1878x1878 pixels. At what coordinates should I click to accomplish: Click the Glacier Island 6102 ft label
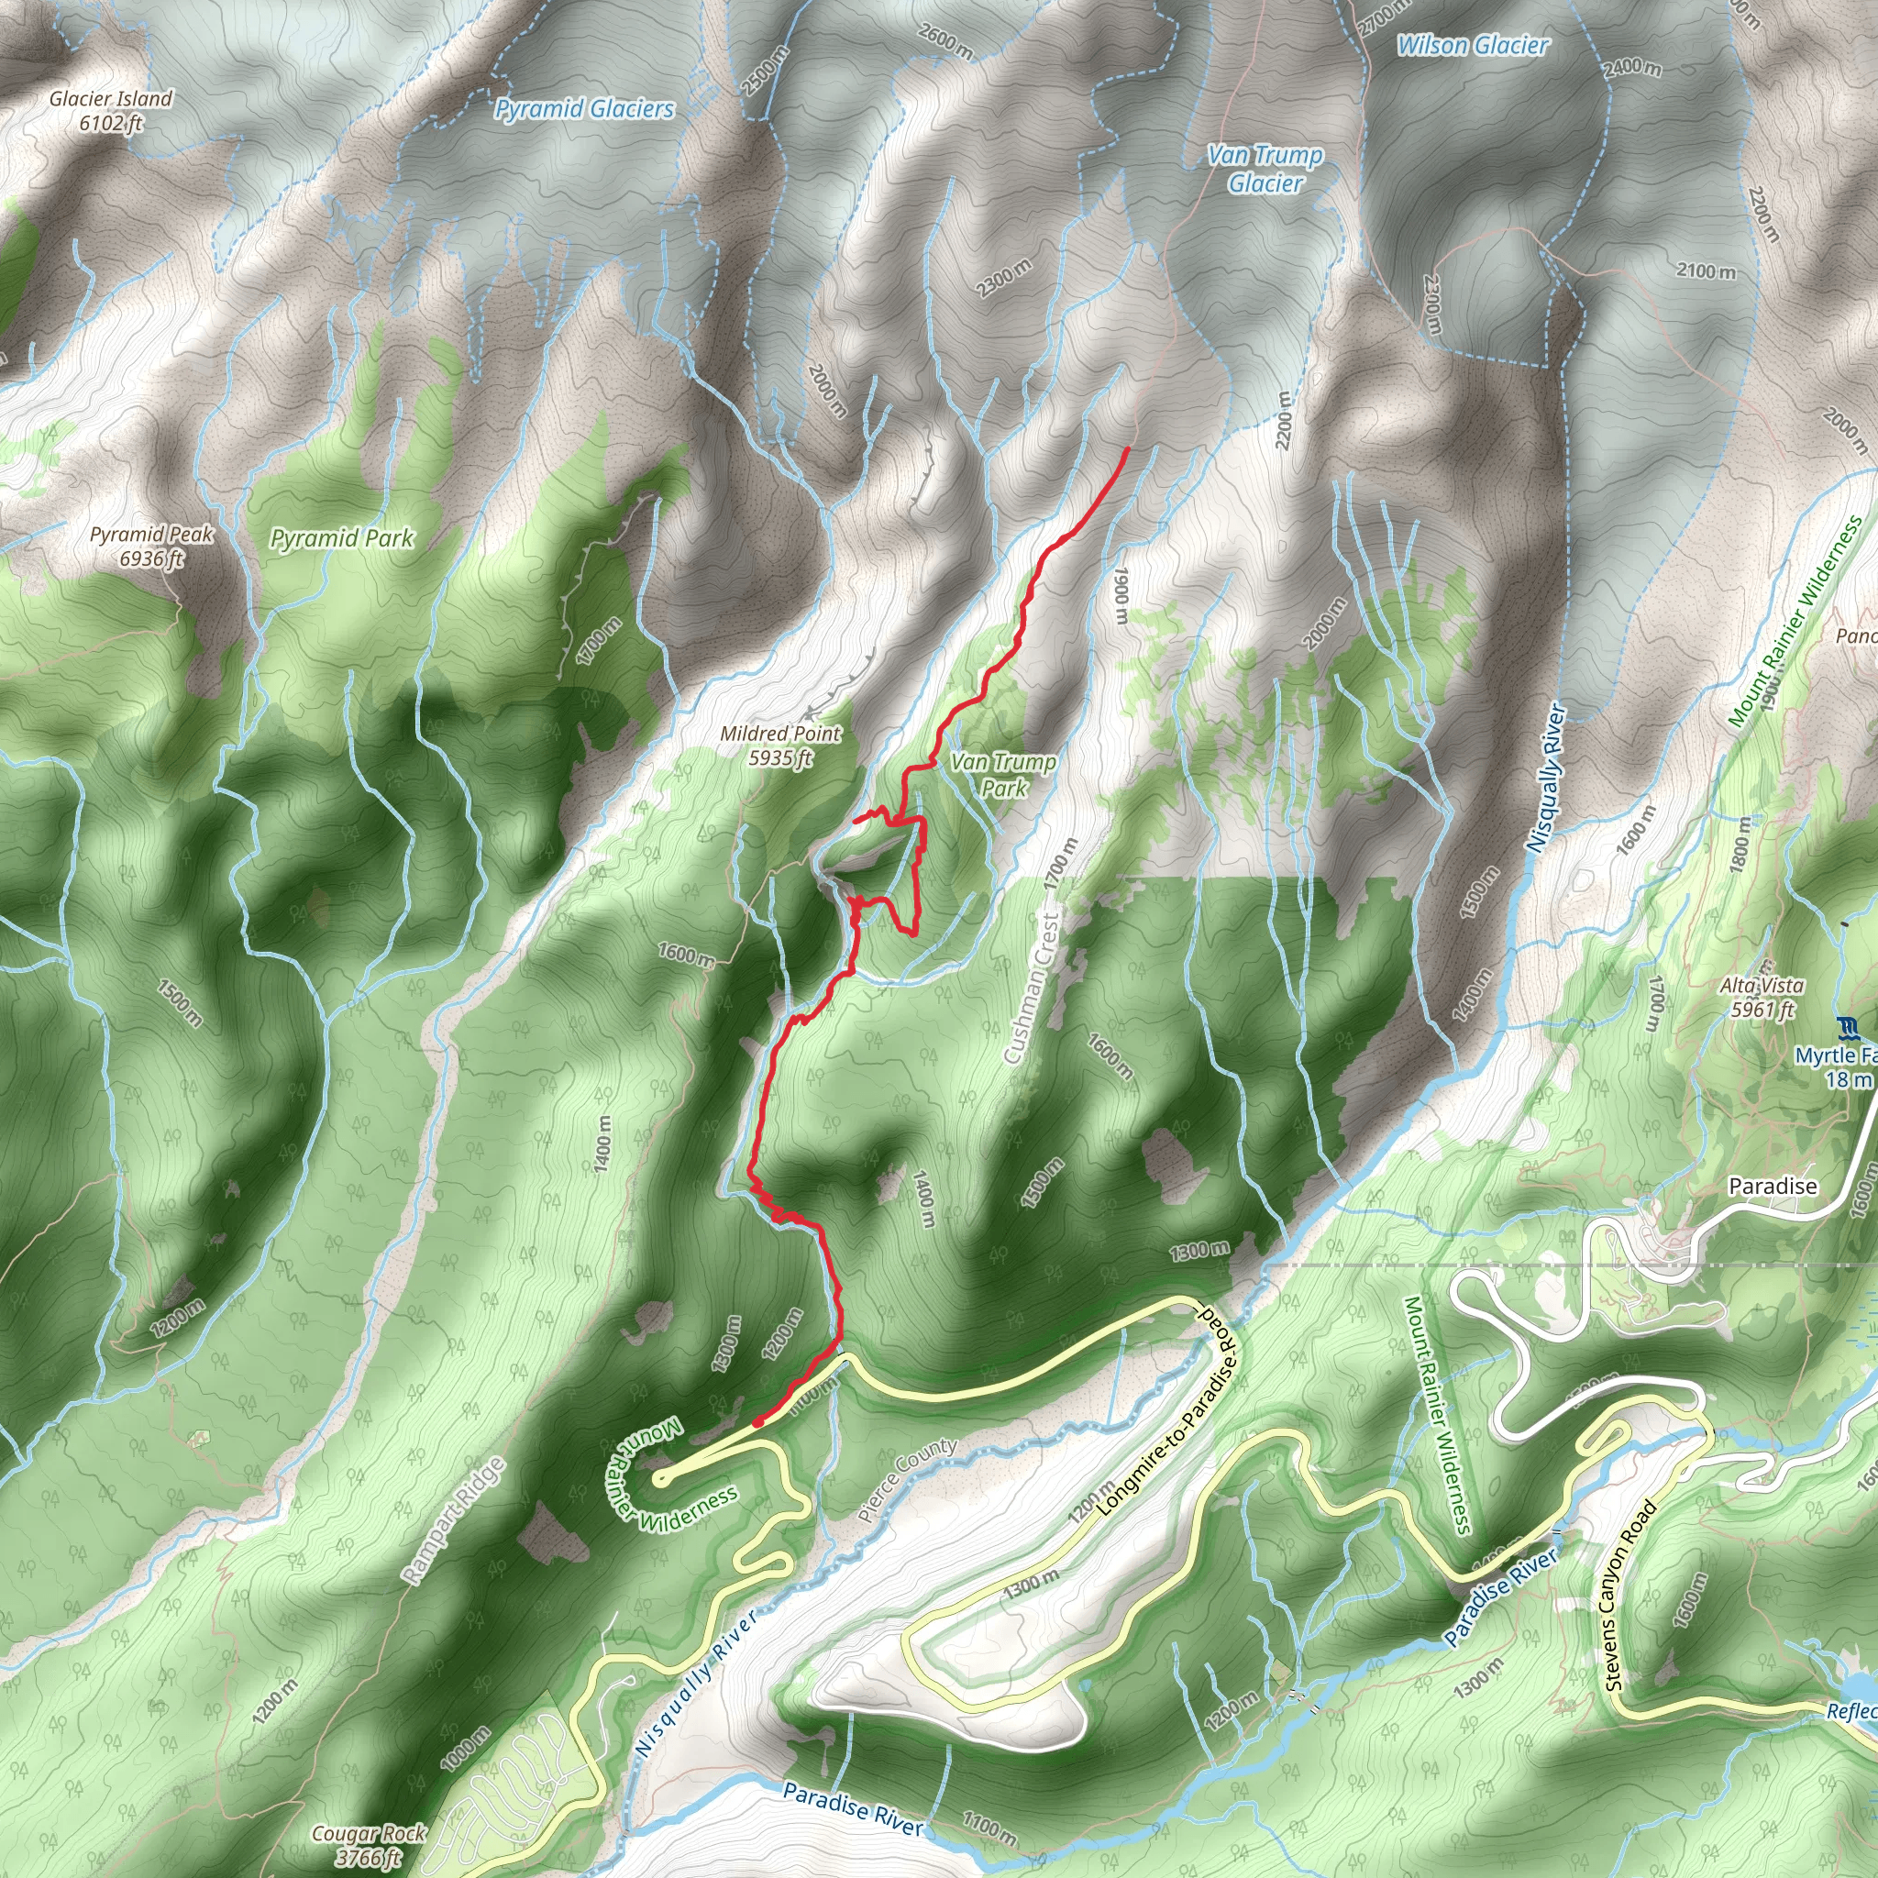(x=111, y=111)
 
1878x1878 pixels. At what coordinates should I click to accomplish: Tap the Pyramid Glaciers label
(x=584, y=109)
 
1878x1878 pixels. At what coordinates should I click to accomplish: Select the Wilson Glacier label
(x=1473, y=45)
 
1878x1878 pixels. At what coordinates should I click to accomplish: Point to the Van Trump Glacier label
(x=1265, y=169)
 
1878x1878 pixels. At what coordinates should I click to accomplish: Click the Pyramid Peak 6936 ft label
(x=151, y=547)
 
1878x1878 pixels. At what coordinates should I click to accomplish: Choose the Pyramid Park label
(x=342, y=538)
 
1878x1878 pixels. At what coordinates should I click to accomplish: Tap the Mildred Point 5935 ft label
(x=780, y=746)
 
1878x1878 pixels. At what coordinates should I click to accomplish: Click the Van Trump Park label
(x=1003, y=775)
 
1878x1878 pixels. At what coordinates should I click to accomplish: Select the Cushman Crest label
(x=1031, y=987)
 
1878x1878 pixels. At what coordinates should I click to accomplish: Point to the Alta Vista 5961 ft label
(x=1762, y=998)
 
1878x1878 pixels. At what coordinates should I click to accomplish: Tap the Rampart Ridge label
(x=455, y=1522)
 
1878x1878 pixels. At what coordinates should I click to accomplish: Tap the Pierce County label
(x=908, y=1480)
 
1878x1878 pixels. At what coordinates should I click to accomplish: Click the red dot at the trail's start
(x=757, y=1423)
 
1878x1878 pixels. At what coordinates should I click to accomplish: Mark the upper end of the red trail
(x=1127, y=448)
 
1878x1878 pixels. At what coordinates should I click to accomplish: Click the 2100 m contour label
(x=1706, y=271)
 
